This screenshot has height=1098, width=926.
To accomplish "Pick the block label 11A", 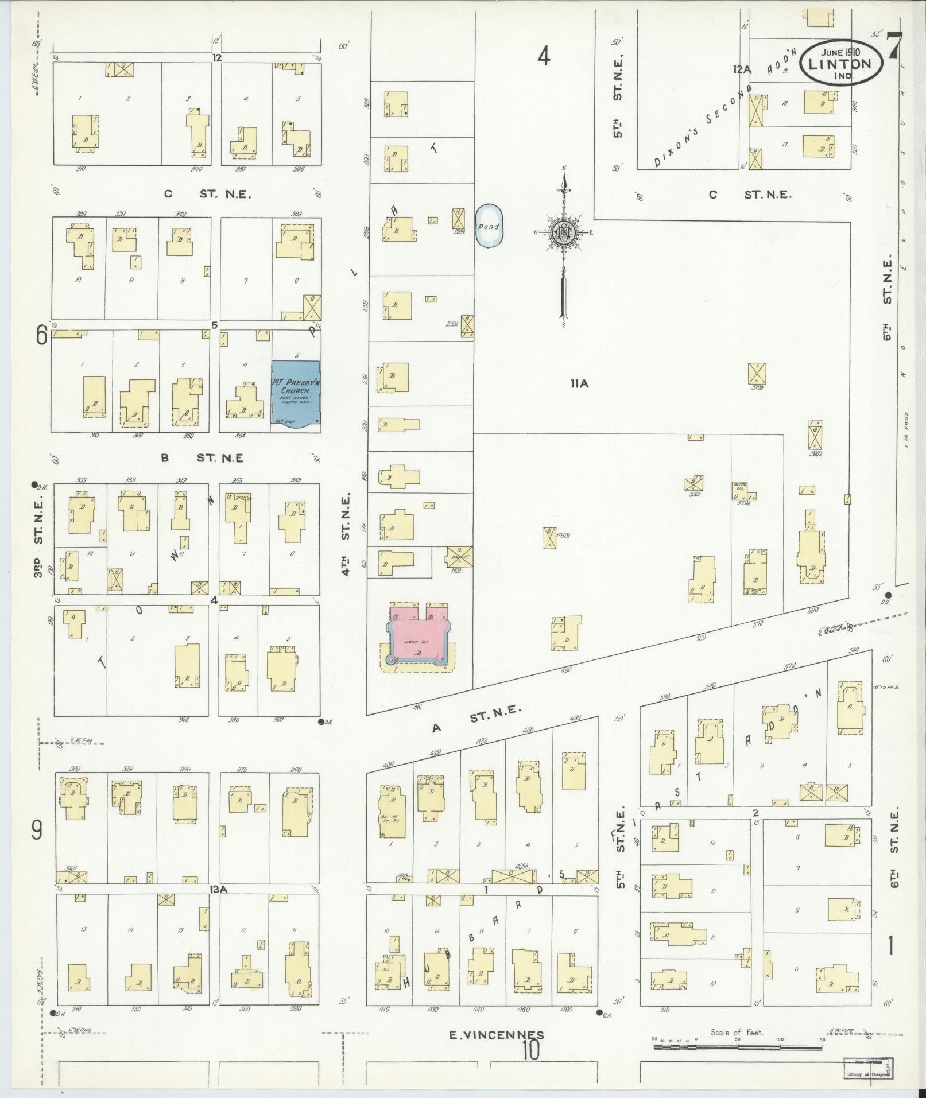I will point(579,384).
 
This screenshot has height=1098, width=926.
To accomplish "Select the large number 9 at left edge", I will point(37,831).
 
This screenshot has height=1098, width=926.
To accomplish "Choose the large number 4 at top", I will point(544,56).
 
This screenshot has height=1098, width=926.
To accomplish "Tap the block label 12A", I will point(742,69).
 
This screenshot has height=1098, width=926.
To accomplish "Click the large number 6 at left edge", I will point(41,336).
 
